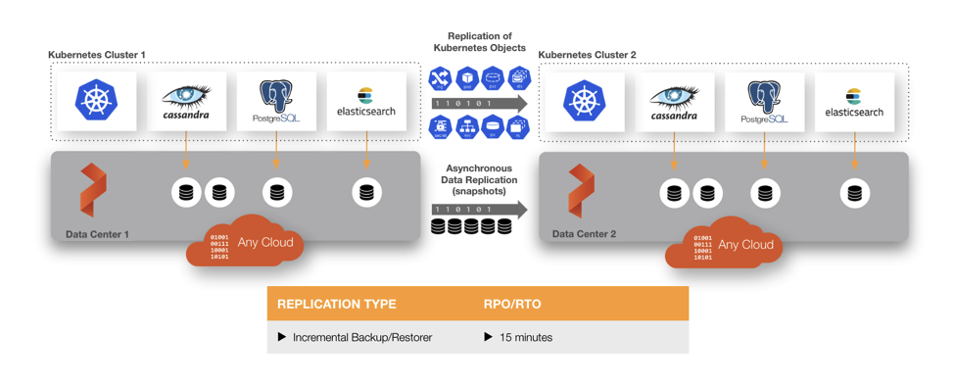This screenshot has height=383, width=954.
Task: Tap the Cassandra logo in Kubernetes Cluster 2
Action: (x=674, y=102)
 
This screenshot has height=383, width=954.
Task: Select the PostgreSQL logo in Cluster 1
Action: (x=277, y=102)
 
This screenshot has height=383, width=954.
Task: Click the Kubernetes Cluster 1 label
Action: (x=97, y=55)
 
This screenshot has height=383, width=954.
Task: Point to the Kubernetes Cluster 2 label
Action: (x=587, y=55)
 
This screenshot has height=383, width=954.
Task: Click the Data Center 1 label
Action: (x=97, y=234)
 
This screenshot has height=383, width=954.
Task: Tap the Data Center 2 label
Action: (x=584, y=234)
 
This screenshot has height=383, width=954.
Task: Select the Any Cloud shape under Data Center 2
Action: (x=726, y=245)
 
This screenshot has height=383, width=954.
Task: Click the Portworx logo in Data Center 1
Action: (x=92, y=190)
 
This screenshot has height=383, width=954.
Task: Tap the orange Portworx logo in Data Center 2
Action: (x=581, y=191)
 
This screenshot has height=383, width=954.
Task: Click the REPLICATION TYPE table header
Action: (x=337, y=304)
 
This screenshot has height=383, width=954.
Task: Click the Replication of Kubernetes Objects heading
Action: (x=479, y=41)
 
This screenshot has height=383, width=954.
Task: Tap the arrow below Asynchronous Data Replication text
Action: (x=479, y=210)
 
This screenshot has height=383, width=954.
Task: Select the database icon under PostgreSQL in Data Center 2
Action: (x=765, y=194)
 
